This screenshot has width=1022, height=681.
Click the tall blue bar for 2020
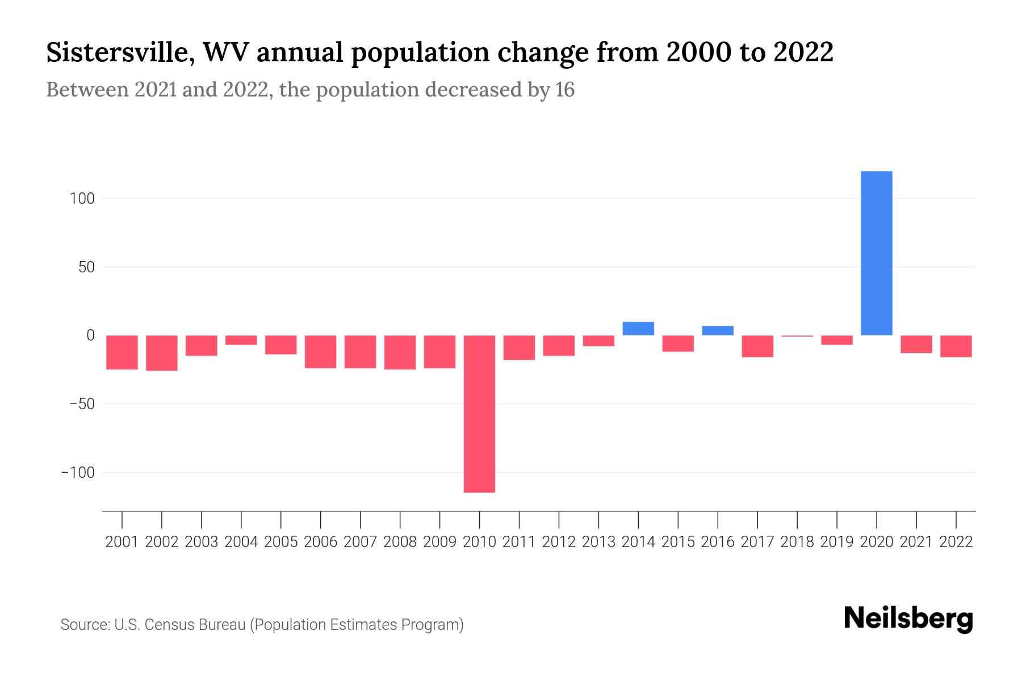pos(876,253)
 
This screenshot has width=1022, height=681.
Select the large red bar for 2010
pos(479,414)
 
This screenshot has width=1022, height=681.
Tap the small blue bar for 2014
pos(638,329)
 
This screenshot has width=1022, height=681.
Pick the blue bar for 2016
pos(718,330)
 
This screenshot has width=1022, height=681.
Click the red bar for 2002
pos(162,352)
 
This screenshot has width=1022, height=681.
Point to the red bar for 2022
pos(956,346)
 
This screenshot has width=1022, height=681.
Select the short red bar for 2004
pos(241,340)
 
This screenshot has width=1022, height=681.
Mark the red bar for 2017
pos(757,346)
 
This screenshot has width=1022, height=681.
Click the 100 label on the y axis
pos(82,199)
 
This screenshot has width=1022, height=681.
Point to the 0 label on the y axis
pos(90,335)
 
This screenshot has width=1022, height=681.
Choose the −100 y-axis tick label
pos(78,473)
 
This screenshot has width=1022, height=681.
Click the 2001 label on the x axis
pos(122,542)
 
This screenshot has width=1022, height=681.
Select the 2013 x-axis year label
pos(598,542)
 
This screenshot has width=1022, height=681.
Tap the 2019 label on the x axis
pos(837,542)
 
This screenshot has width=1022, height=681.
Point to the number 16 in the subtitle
pos(564,90)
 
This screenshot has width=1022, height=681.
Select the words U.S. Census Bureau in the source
pos(180,625)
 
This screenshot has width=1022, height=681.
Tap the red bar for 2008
pos(400,352)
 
